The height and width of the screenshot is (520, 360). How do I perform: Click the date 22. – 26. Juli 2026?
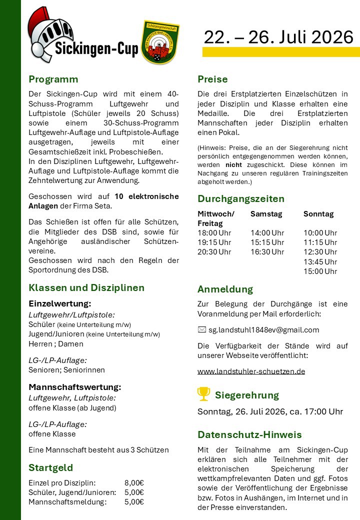(x=278, y=36)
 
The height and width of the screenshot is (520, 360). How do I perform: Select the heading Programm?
(x=53, y=79)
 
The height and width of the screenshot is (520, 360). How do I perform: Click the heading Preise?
(x=212, y=79)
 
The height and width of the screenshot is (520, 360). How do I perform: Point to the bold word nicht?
(x=233, y=164)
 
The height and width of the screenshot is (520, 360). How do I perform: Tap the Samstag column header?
(x=266, y=213)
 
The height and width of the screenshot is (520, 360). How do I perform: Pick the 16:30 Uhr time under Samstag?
(x=267, y=252)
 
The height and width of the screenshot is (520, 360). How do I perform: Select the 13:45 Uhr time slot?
(x=320, y=261)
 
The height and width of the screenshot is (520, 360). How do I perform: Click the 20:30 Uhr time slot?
(x=214, y=252)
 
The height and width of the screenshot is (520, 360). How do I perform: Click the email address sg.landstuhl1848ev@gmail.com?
(x=263, y=329)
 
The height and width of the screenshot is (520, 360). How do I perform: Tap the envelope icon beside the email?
(x=202, y=329)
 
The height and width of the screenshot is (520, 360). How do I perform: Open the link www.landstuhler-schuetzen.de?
(x=251, y=371)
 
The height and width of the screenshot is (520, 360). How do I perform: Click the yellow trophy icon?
(x=203, y=394)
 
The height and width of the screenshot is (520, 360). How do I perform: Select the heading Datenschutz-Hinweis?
(x=249, y=434)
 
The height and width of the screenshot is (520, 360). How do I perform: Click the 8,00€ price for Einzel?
(x=134, y=482)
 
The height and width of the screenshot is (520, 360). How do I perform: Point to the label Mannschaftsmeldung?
(x=67, y=502)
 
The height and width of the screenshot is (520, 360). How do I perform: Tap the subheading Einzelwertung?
(x=59, y=303)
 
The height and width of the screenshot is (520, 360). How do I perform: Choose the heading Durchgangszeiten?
(x=241, y=198)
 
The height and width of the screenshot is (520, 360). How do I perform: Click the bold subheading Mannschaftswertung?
(x=75, y=387)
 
